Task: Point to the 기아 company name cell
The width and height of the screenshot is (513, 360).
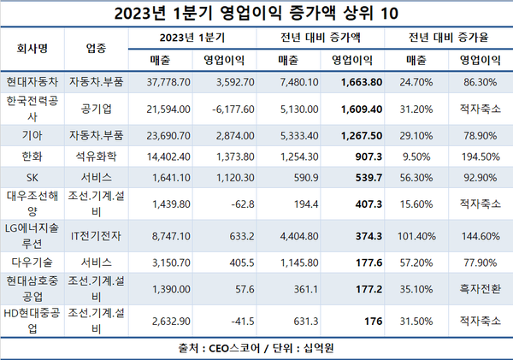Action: tap(32, 136)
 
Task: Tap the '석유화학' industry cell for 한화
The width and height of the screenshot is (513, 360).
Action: tap(97, 157)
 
